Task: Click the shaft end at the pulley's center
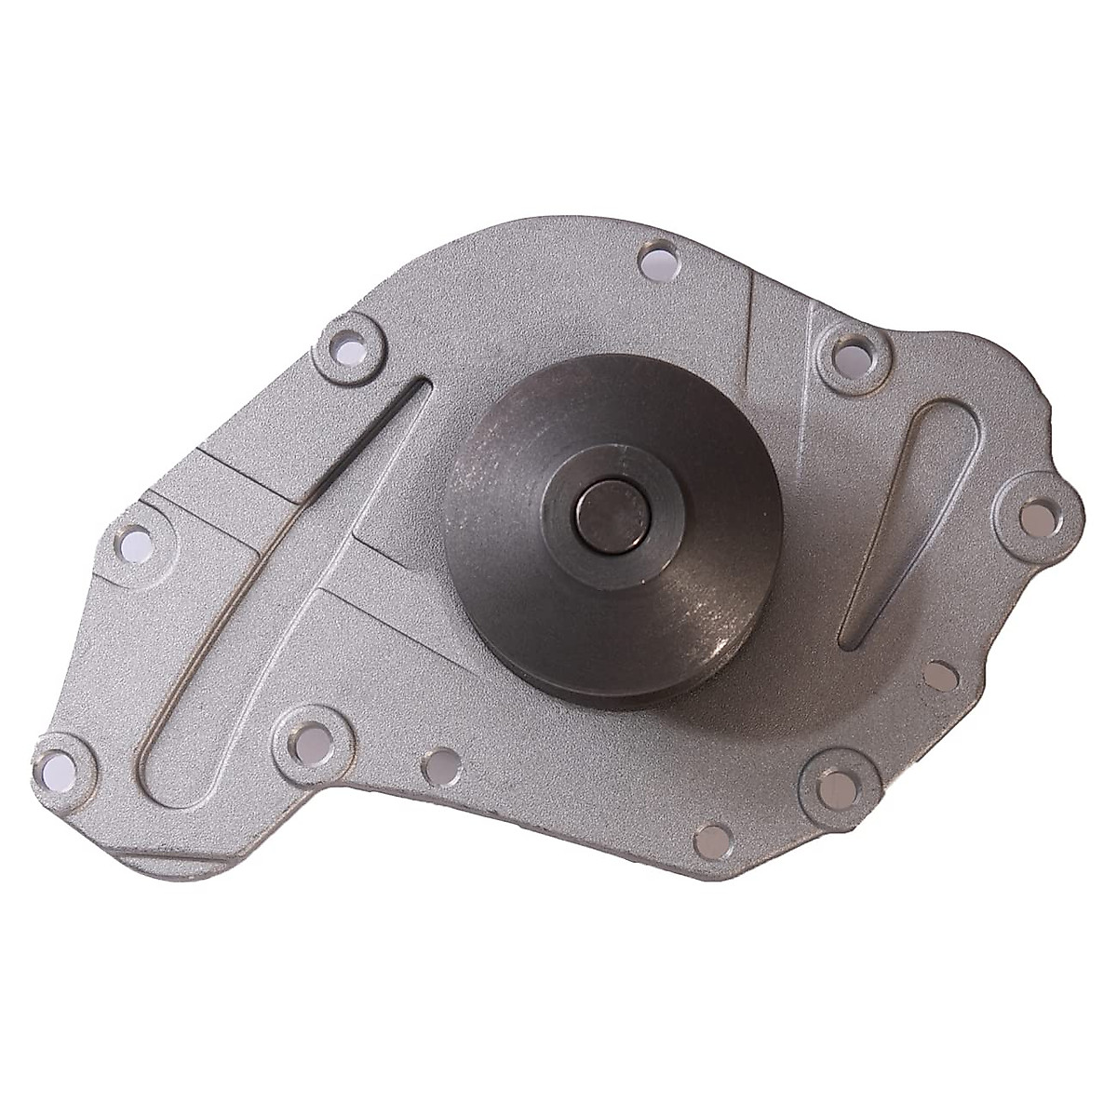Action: [611, 513]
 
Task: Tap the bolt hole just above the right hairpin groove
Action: [847, 355]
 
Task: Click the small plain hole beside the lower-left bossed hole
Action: [440, 765]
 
